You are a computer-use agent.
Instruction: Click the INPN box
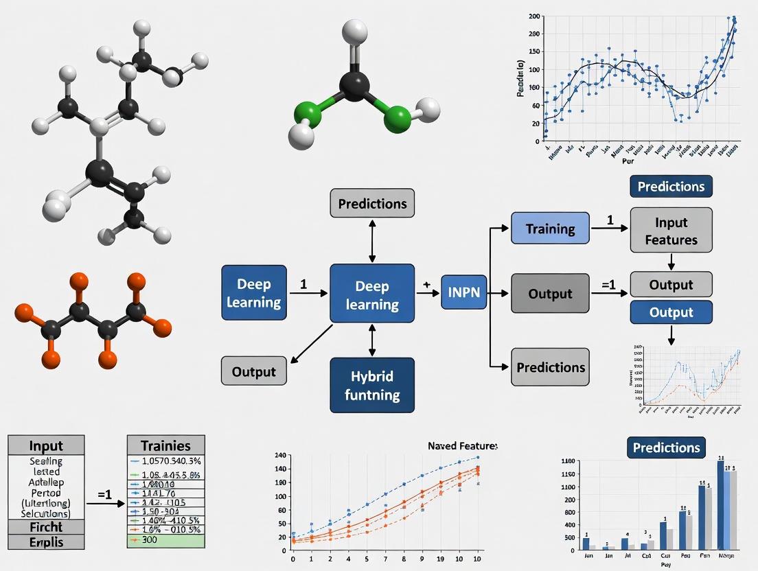click(464, 293)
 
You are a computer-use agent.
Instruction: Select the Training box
click(550, 229)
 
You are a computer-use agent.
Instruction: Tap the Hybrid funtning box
click(372, 385)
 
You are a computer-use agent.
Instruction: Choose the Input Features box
click(671, 231)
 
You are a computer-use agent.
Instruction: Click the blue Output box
click(671, 312)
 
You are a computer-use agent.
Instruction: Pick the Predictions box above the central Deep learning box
click(372, 204)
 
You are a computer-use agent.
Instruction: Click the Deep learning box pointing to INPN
click(372, 293)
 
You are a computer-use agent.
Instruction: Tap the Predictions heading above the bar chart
click(666, 448)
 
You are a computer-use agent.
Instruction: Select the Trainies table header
click(167, 445)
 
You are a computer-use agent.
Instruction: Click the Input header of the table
click(45, 445)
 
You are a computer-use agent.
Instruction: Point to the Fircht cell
click(45, 527)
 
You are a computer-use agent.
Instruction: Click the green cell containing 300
click(167, 541)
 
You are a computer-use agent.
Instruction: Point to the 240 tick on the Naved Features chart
click(280, 456)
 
